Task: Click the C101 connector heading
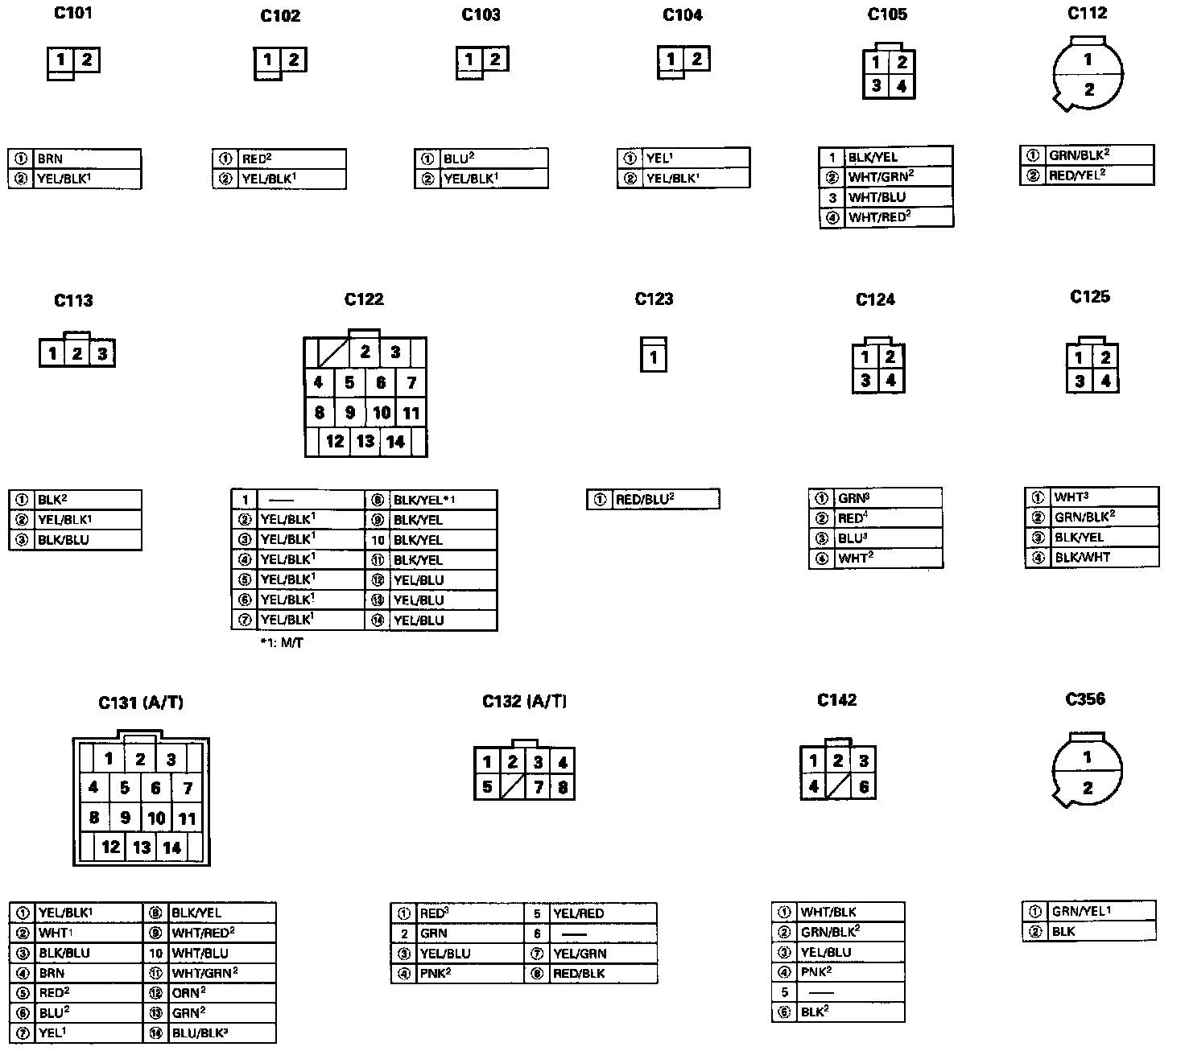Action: tap(72, 13)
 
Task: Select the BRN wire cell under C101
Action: tap(87, 159)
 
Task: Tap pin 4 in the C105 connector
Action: tap(902, 85)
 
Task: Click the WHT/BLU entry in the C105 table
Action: tap(898, 197)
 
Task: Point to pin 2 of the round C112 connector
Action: tap(1088, 89)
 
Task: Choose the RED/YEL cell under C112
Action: tap(1099, 175)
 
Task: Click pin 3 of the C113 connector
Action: tap(102, 354)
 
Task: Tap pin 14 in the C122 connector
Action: tap(395, 442)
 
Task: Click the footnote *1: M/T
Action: tap(281, 643)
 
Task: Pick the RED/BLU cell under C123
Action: tap(665, 500)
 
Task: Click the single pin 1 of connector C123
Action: tap(654, 357)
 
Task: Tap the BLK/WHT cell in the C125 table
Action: tap(1104, 557)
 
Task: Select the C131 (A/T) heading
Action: tap(141, 703)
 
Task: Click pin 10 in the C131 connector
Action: tap(156, 818)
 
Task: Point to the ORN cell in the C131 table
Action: tap(221, 992)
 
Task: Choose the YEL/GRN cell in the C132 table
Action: tap(603, 954)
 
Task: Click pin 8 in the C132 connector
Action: tap(563, 787)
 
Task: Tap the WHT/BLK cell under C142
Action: tap(850, 913)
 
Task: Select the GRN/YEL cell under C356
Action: tap(1100, 911)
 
